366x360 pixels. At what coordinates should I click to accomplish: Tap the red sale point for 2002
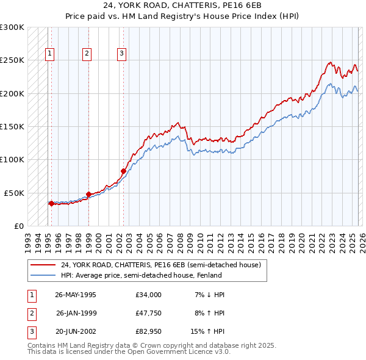click(123, 171)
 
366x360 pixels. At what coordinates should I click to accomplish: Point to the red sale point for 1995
click(51, 203)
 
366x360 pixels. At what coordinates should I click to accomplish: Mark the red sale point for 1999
click(89, 194)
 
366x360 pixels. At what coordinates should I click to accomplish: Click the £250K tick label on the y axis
click(12, 60)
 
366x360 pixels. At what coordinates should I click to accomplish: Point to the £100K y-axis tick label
click(12, 159)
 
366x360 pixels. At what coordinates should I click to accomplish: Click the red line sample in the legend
click(44, 265)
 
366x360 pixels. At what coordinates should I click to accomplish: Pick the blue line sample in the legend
click(44, 275)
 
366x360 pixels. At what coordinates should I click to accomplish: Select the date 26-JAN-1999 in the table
click(76, 313)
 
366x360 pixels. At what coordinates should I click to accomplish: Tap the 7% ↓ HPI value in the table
click(209, 295)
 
